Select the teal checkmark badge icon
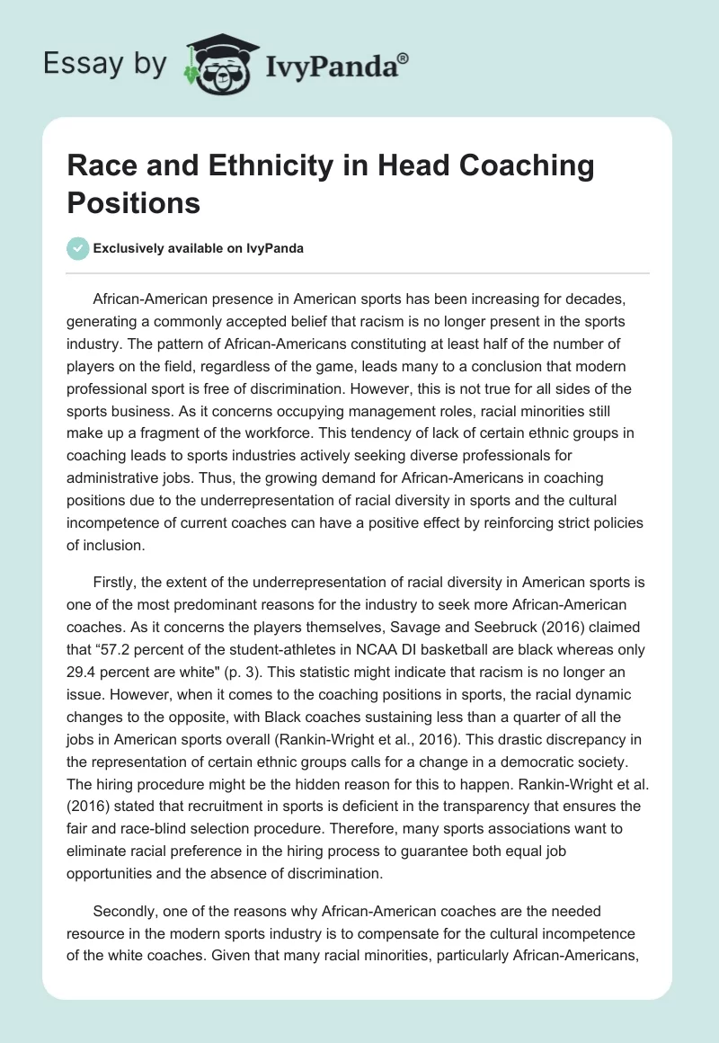(78, 248)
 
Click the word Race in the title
(102, 166)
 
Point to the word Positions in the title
(134, 202)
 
